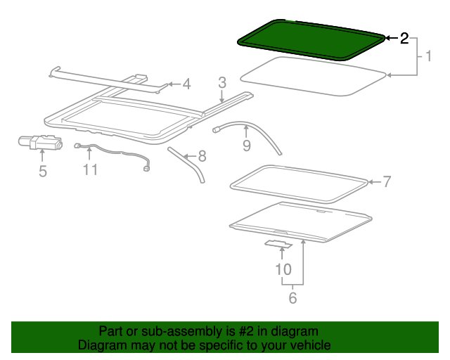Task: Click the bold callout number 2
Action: point(404,38)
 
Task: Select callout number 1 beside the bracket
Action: point(428,56)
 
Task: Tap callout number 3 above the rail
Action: point(222,83)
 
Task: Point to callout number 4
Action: point(186,84)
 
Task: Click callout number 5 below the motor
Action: point(43,171)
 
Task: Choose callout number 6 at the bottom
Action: point(292,297)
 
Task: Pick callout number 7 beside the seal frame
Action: point(387,181)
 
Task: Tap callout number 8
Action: point(202,157)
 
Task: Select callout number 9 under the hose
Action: point(247,146)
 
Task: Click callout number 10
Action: point(283,269)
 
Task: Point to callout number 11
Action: point(90,169)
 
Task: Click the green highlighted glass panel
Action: point(310,40)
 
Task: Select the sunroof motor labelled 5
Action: point(40,142)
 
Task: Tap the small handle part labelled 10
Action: point(278,244)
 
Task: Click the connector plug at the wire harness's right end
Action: point(146,169)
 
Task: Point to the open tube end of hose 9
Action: point(215,130)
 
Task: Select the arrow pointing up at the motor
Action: point(42,155)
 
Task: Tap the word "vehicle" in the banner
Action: point(312,345)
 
